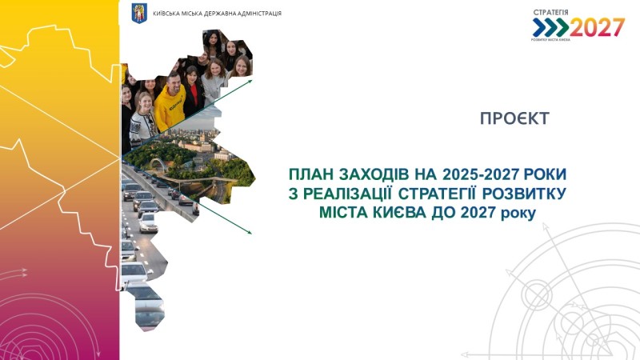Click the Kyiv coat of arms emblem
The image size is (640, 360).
point(139,13)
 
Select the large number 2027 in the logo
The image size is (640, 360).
point(597,28)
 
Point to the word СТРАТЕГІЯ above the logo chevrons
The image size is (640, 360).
point(550,13)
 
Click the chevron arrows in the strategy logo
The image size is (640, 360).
point(550,27)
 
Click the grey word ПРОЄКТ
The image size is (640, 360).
point(514,118)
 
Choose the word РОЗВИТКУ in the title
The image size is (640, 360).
point(524,194)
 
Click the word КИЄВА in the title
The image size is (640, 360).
point(400,213)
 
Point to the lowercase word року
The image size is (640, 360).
point(518,214)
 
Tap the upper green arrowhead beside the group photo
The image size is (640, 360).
point(249,82)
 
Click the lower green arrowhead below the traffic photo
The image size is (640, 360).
point(249,231)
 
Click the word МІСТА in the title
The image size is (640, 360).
point(343,213)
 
